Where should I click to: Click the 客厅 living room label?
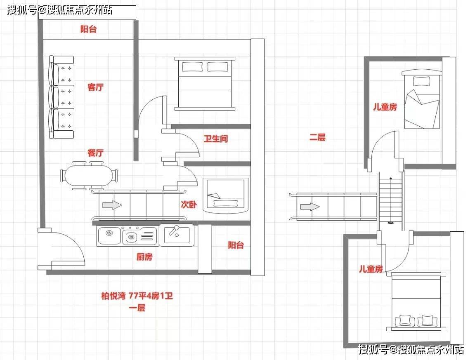(95, 87)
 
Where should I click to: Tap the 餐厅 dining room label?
(95, 153)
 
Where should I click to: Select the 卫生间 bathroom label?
(216, 139)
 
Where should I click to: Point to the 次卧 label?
(189, 205)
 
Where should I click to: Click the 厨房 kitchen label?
(144, 257)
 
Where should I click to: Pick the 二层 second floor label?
(317, 137)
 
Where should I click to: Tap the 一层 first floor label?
(137, 308)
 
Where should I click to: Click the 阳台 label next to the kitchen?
(236, 245)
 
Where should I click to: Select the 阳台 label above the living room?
(88, 29)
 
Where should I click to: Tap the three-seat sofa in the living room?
(61, 97)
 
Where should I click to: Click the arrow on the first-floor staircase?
(112, 205)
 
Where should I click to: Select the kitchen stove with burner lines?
(140, 235)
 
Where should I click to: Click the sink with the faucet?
(177, 235)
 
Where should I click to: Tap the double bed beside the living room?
(205, 84)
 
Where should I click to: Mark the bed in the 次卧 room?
(225, 196)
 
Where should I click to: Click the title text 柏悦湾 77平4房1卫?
(137, 296)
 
